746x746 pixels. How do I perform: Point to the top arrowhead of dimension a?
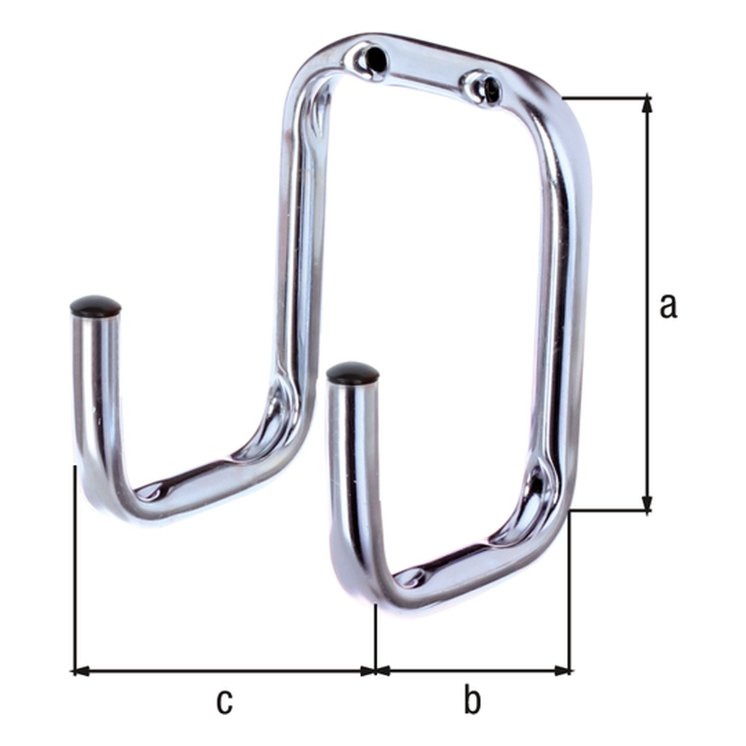click(647, 104)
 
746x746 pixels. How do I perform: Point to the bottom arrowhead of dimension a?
click(647, 503)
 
